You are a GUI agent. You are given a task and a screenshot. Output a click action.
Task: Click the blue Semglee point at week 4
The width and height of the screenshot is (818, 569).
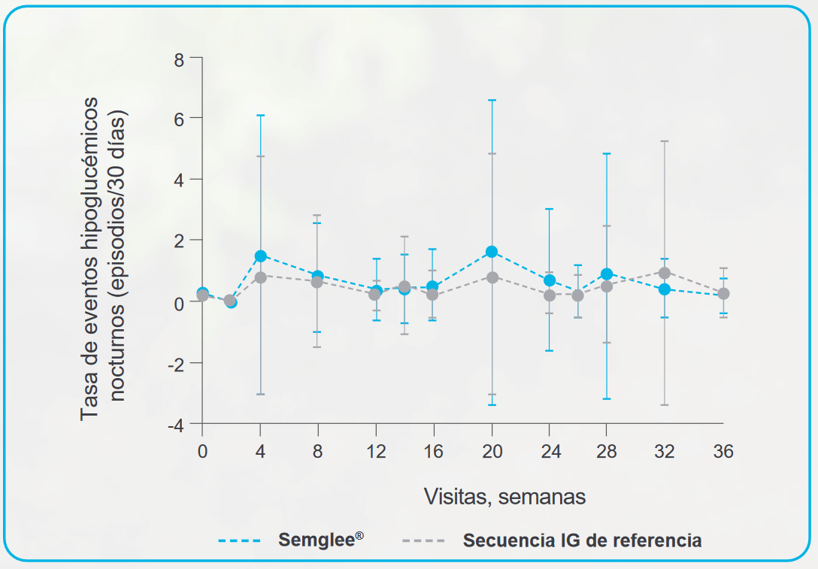coord(260,256)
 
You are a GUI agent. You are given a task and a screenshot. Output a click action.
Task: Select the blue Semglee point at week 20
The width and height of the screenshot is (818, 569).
coord(492,252)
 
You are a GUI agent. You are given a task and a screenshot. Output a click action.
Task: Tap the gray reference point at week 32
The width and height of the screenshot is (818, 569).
coord(665,273)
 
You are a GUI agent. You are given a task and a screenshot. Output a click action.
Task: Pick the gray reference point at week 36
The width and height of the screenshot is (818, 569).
coord(723,293)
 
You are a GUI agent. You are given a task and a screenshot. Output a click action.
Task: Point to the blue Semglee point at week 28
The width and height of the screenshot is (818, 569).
coord(607,274)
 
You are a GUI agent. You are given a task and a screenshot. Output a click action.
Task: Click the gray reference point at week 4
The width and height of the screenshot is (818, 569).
coord(260,277)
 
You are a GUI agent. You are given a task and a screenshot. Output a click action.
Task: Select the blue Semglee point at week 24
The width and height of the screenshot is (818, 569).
coord(550,280)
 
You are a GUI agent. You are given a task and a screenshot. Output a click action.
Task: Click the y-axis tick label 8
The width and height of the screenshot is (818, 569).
coord(178,59)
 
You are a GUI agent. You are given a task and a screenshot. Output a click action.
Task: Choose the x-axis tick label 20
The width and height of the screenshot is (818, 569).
coord(492,451)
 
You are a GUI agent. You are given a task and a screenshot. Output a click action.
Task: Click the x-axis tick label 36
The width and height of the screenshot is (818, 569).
coord(723,451)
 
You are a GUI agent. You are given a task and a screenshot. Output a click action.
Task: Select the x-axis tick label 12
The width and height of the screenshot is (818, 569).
coord(376,451)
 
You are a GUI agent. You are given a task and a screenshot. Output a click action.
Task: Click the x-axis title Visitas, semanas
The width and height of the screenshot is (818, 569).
coord(504,496)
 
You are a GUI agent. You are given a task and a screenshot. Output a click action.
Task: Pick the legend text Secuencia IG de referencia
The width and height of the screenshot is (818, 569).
coord(582,540)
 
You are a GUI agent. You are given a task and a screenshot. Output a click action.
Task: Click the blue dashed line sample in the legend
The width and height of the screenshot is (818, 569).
coord(239,541)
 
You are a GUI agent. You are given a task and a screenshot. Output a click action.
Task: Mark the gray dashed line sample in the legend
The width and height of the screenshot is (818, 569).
coord(423,541)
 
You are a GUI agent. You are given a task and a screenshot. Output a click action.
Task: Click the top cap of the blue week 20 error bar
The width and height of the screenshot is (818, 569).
coord(492,100)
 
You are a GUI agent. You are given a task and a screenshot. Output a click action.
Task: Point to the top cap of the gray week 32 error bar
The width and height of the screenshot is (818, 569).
coord(665,141)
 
